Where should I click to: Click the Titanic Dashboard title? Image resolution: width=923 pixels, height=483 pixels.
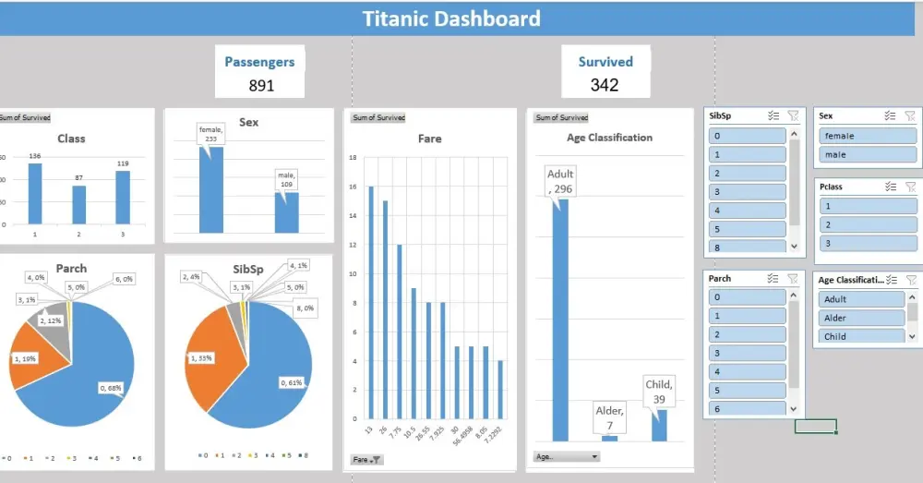click(x=451, y=18)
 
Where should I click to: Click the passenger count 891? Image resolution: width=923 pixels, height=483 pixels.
click(x=261, y=86)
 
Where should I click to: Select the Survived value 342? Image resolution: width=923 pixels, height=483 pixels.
click(x=605, y=85)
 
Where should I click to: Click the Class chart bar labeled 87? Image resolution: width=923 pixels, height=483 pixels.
click(x=78, y=205)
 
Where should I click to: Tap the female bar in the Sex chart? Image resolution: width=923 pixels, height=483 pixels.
click(x=210, y=189)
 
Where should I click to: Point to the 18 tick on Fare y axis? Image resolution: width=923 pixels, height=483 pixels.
click(x=353, y=158)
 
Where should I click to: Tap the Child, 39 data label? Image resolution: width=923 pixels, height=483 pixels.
click(x=660, y=390)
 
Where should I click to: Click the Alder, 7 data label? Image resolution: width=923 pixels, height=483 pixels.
click(x=610, y=417)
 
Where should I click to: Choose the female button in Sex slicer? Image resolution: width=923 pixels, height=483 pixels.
click(x=865, y=136)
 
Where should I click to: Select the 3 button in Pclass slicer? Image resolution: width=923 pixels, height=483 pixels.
click(x=865, y=243)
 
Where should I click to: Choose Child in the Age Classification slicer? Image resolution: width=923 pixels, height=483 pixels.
click(x=860, y=336)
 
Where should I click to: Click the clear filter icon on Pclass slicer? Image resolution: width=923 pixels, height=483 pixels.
click(x=910, y=187)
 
